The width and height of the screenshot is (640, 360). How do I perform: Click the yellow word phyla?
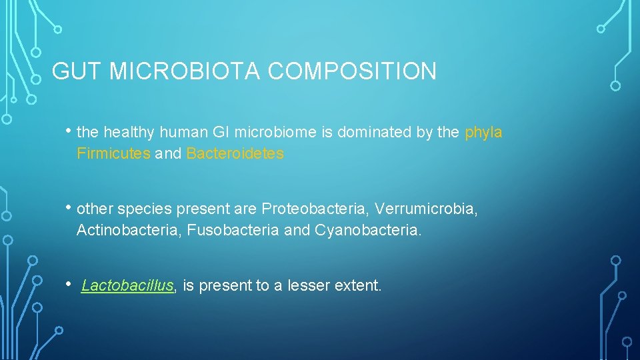click(483, 133)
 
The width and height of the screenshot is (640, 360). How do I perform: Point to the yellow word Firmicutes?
click(113, 154)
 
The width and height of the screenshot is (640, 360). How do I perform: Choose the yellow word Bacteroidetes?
click(235, 154)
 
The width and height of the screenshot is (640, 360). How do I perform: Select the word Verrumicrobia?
click(426, 209)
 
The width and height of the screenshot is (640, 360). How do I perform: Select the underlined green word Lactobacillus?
click(127, 287)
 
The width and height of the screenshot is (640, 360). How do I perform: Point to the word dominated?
click(375, 133)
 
